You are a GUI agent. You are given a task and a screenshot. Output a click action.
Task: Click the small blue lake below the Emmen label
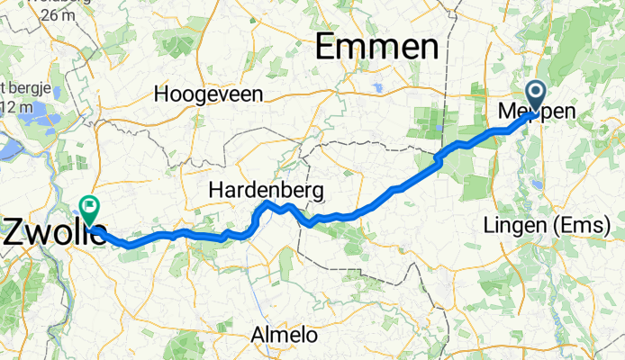click(376, 88)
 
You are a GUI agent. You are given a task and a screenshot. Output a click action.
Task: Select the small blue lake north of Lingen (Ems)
click(537, 184)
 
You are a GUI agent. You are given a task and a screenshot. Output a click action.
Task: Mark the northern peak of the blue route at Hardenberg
click(267, 206)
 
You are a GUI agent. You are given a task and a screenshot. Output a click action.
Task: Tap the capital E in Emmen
click(327, 49)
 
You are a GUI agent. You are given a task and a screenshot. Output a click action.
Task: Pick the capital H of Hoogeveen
click(161, 94)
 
